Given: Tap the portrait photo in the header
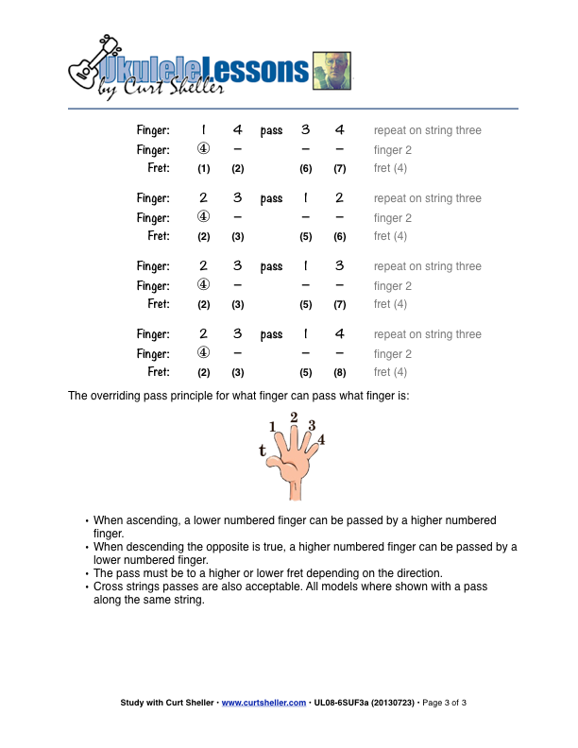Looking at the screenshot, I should [x=331, y=70].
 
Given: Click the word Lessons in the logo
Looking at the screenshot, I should [x=257, y=70].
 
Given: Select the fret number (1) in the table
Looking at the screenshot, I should [x=203, y=169].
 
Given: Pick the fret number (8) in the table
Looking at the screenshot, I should [x=339, y=373].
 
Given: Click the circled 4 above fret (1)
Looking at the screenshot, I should [x=203, y=149].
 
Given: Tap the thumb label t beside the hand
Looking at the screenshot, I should [x=263, y=450].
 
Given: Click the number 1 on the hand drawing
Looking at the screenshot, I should [x=273, y=427].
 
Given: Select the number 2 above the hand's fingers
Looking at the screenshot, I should [x=294, y=417].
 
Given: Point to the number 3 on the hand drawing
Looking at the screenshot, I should [x=312, y=425].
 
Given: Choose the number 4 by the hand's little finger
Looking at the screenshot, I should [x=321, y=439].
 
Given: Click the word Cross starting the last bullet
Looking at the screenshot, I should [x=110, y=586].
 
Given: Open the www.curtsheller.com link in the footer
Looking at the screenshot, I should [x=263, y=703].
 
